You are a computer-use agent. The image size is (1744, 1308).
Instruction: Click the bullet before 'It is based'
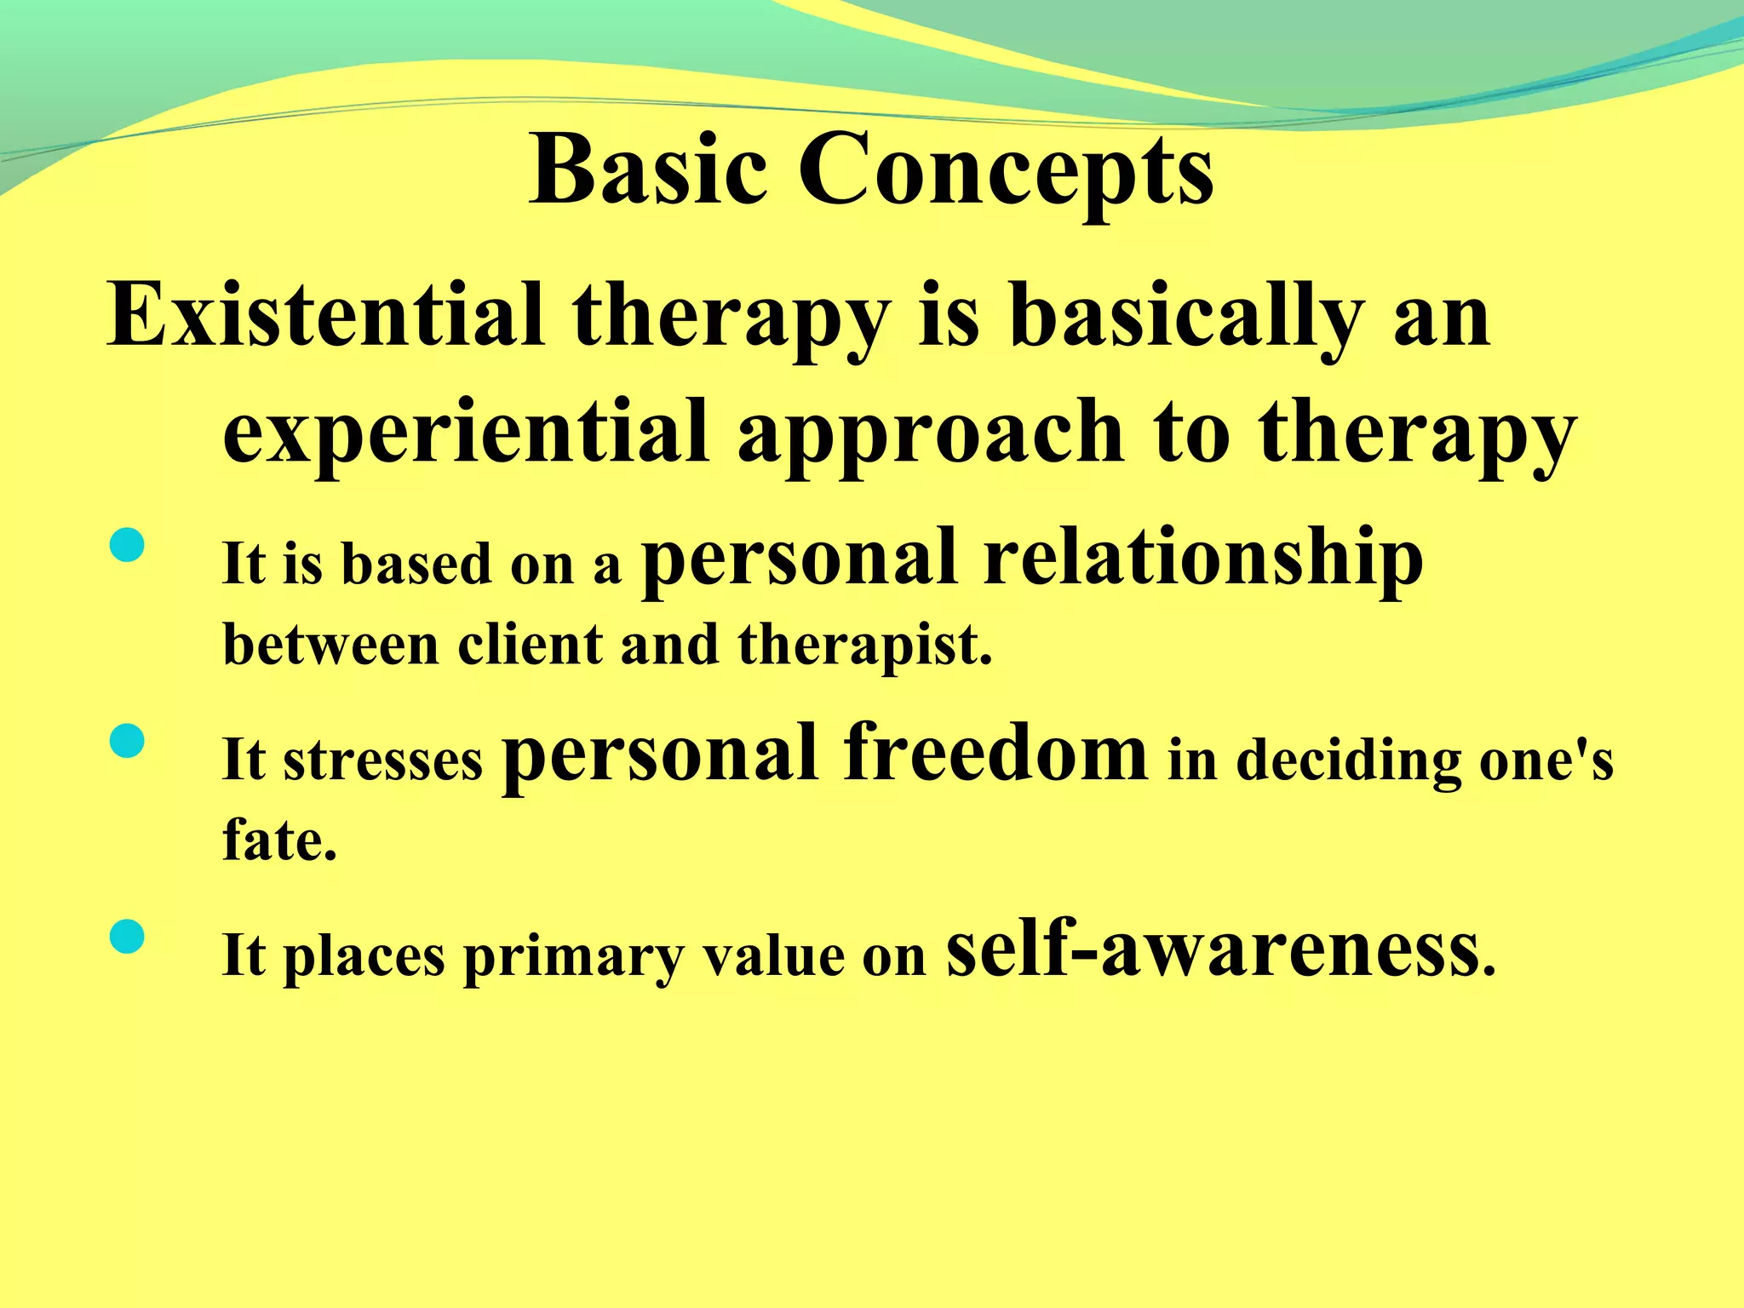(x=128, y=546)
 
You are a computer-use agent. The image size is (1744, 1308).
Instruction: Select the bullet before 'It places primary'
(x=128, y=937)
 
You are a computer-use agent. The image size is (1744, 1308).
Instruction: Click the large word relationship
(x=1202, y=559)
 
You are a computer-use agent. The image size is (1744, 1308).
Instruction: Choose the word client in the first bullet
(x=530, y=645)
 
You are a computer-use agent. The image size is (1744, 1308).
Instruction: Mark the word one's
(x=1546, y=760)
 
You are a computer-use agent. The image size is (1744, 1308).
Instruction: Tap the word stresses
(x=382, y=760)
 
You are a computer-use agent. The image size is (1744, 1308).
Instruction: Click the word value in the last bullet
(x=773, y=955)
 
